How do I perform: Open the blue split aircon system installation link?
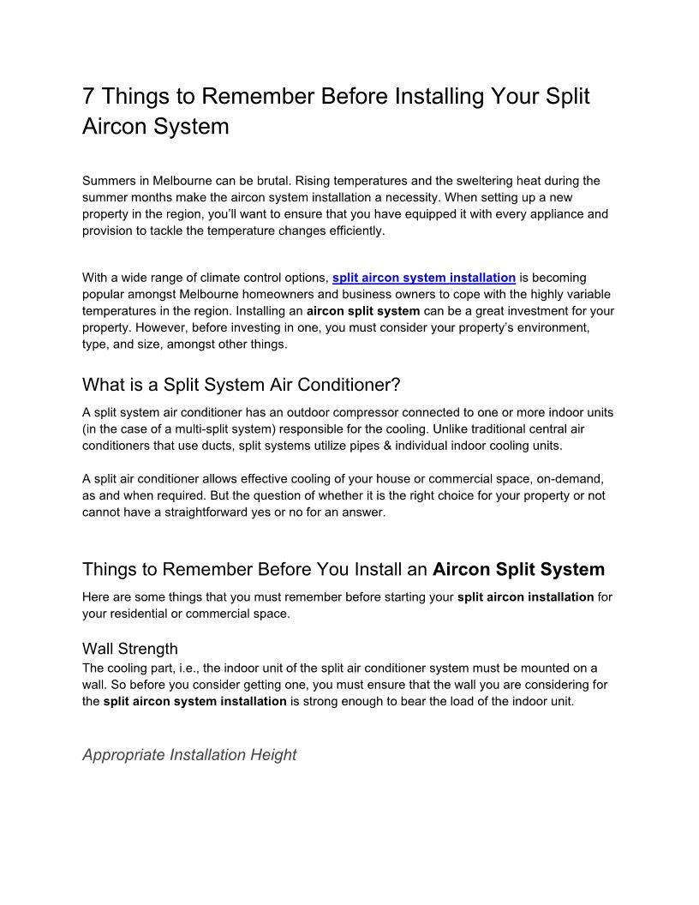pyautogui.click(x=423, y=278)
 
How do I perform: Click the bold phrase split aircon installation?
pyautogui.click(x=525, y=596)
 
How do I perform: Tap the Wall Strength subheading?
pyautogui.click(x=129, y=648)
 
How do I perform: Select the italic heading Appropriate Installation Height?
pyautogui.click(x=189, y=755)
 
